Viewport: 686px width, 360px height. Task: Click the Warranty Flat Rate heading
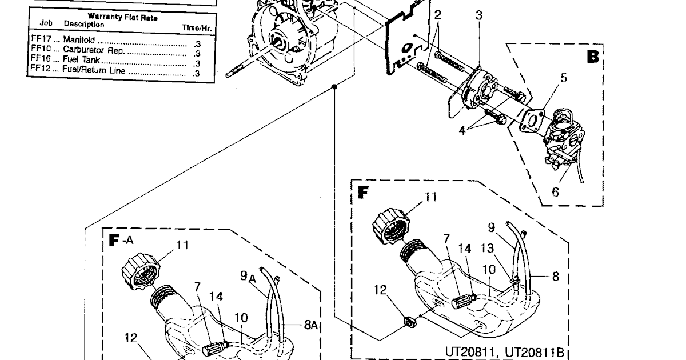[x=122, y=18]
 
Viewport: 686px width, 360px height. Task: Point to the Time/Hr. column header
[x=197, y=27]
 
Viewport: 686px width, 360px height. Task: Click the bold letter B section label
[x=593, y=57]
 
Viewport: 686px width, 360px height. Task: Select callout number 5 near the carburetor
[x=564, y=78]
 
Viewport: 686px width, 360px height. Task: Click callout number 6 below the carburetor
[x=555, y=192]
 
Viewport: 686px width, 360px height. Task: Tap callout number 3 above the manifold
[x=479, y=15]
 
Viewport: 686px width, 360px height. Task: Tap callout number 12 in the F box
[x=381, y=290]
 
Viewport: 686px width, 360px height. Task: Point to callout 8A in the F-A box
[x=310, y=325]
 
